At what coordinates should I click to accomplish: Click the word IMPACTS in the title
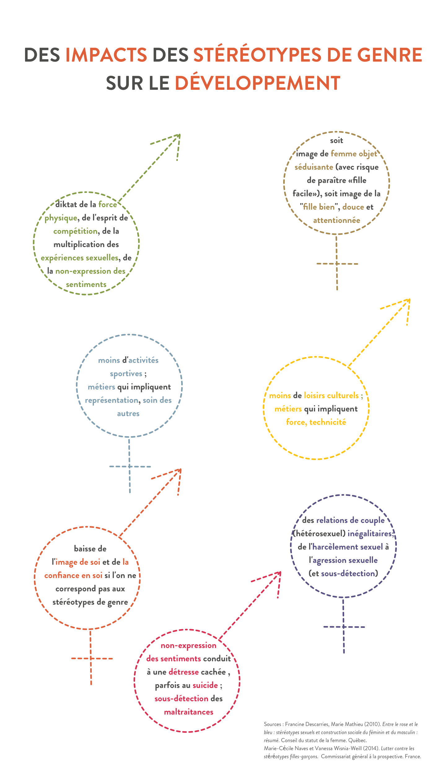[106, 55]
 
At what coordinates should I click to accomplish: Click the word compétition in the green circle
[75, 232]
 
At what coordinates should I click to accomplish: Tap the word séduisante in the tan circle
[314, 167]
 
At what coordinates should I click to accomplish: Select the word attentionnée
[336, 220]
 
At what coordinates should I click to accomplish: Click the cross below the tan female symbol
[337, 264]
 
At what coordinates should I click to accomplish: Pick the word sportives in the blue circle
[126, 374]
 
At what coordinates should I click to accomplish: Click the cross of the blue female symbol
[130, 466]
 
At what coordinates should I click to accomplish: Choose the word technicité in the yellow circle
[327, 422]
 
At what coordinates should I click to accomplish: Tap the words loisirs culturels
[331, 396]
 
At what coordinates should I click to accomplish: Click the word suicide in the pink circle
[205, 685]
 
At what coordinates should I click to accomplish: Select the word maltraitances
[189, 712]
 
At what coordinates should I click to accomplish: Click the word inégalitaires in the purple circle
[370, 534]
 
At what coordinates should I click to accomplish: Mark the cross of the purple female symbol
[344, 627]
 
